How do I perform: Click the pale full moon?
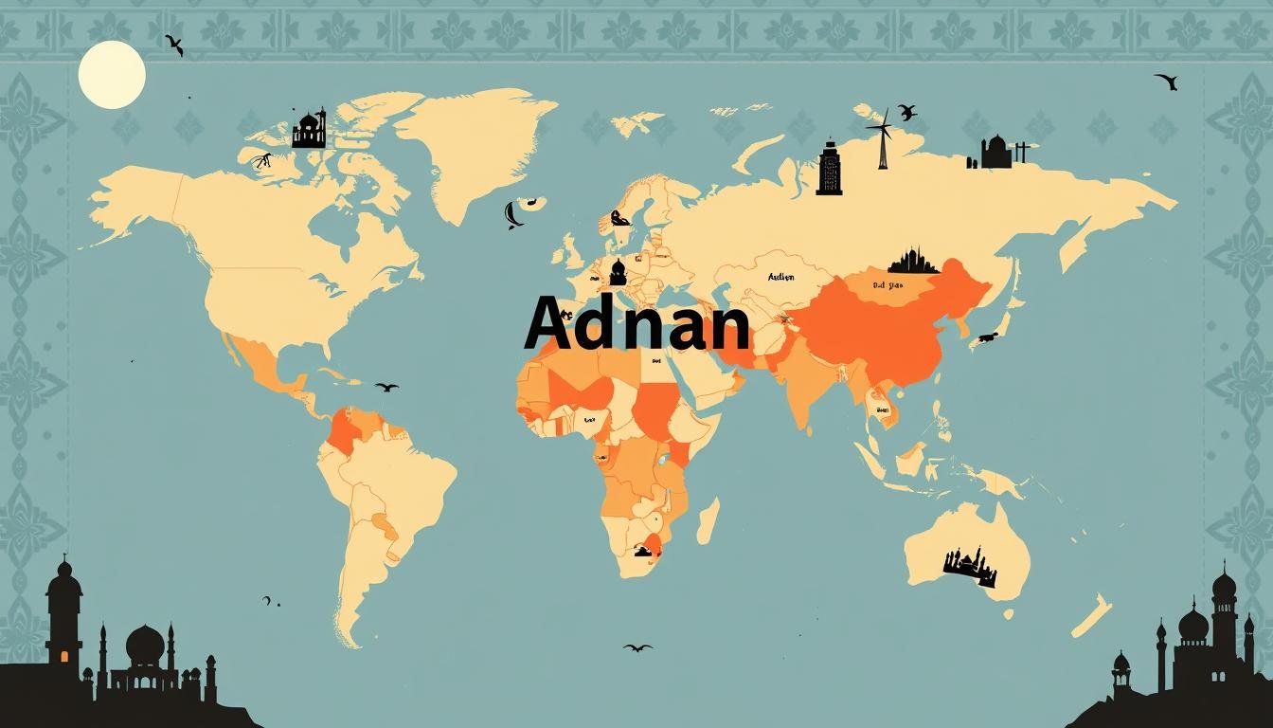point(112,74)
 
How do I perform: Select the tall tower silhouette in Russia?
point(829,169)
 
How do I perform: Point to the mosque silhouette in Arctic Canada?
point(309,130)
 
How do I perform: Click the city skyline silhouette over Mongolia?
point(913,261)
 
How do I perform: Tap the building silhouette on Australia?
point(969,566)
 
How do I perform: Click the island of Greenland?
point(474,142)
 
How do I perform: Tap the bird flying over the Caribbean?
point(386,387)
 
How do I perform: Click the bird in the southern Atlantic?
point(637,647)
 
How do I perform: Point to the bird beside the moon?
point(174,45)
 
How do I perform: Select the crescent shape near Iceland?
point(512,215)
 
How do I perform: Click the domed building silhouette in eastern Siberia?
point(995,153)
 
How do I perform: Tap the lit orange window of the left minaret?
point(64,656)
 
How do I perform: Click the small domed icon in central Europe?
point(619,272)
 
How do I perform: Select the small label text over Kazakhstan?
point(780,278)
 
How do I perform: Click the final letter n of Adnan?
point(725,327)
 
